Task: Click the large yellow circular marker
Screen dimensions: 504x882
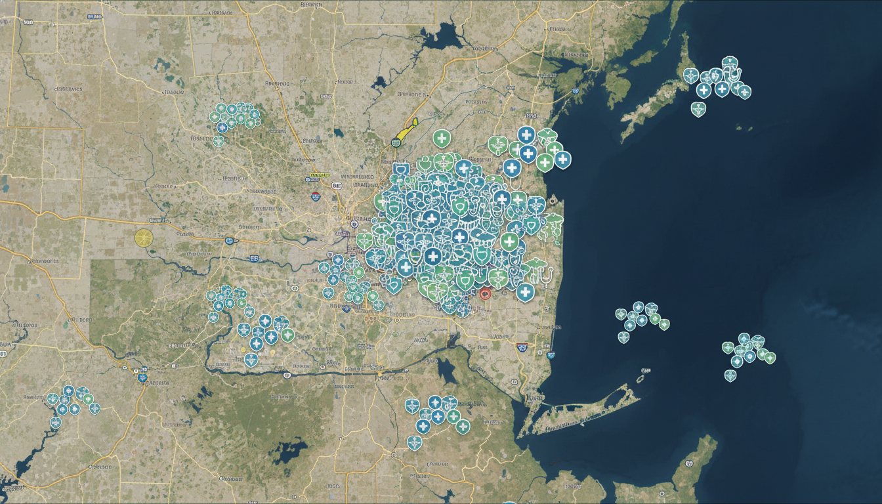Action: click(x=144, y=238)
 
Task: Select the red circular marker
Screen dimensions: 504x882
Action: click(x=485, y=294)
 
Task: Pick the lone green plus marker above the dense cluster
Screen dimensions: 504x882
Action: click(x=442, y=138)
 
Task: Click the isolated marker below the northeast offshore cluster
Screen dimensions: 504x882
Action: click(x=698, y=109)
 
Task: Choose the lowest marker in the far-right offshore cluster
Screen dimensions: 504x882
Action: click(x=730, y=375)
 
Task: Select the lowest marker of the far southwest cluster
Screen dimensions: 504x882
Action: click(x=56, y=423)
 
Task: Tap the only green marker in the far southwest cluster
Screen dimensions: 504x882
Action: click(x=87, y=399)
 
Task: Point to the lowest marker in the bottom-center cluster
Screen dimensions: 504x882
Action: click(x=414, y=442)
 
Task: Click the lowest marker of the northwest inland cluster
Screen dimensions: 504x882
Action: click(x=219, y=140)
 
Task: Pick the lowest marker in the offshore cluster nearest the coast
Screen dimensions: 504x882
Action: click(x=623, y=337)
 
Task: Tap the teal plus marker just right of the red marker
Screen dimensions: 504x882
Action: click(x=525, y=292)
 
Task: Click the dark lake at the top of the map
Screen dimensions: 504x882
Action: click(x=442, y=39)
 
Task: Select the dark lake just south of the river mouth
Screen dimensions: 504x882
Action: click(x=447, y=371)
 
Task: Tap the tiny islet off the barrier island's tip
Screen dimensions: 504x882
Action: click(x=641, y=379)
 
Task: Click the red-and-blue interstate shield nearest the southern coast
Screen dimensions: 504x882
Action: click(x=522, y=347)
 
